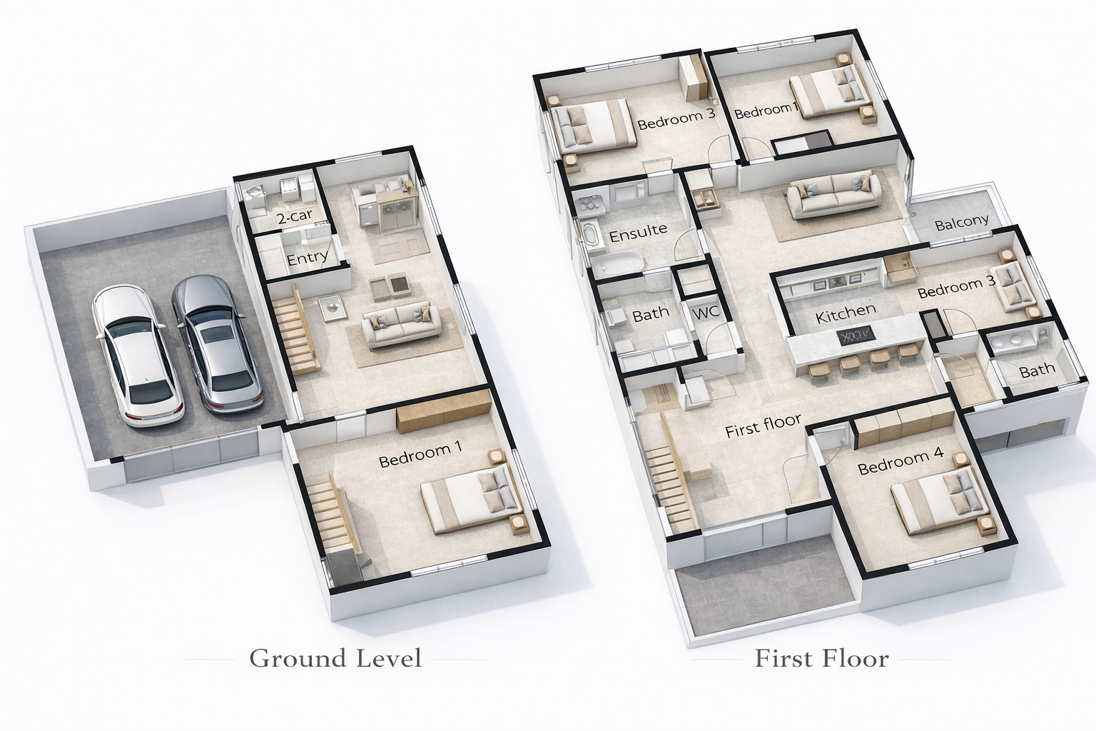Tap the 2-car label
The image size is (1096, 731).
click(x=295, y=216)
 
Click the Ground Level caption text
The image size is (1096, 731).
click(x=335, y=658)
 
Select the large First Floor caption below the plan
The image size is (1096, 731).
click(x=821, y=658)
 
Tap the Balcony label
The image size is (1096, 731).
click(x=961, y=223)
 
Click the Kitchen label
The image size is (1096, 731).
click(x=846, y=314)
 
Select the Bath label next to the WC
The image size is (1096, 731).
click(x=651, y=313)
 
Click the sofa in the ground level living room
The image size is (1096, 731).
click(x=401, y=323)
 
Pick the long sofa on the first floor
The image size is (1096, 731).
click(x=833, y=194)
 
